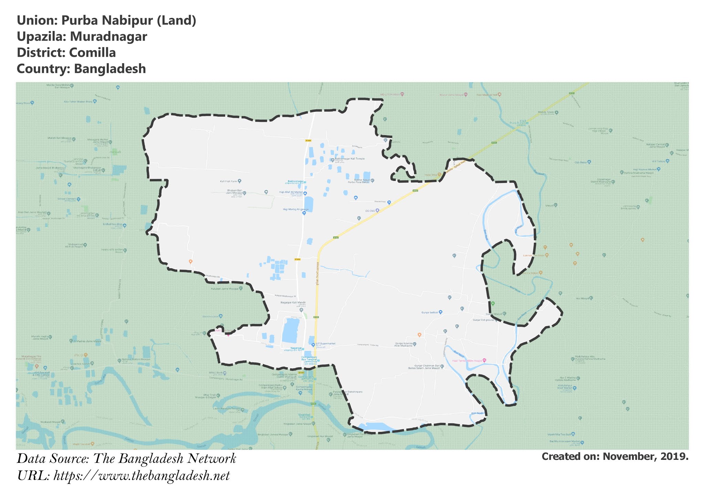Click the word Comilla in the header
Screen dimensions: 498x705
[x=92, y=53]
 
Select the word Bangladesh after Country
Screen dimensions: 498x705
[x=110, y=69]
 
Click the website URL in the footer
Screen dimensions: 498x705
[x=141, y=476]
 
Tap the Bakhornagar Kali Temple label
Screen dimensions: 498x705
[x=349, y=159]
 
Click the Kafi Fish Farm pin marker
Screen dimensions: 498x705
[x=240, y=181]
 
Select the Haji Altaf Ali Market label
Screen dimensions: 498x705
[x=291, y=192]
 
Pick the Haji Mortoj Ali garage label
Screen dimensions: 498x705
[x=296, y=209]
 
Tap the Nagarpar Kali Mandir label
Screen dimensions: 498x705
[x=293, y=303]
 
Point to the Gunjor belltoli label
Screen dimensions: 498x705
[x=430, y=312]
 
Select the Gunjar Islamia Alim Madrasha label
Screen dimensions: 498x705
[x=403, y=344]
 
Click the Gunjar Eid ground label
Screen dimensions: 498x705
[x=483, y=320]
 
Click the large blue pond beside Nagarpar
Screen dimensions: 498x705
[x=291, y=330]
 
